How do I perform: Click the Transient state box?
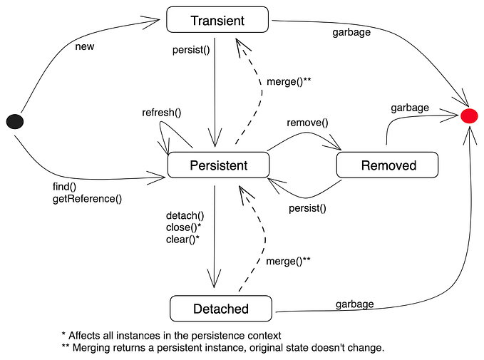click(217, 19)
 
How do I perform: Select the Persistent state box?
click(218, 165)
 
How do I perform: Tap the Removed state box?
click(388, 165)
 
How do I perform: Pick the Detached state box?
click(221, 309)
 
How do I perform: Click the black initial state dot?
click(14, 122)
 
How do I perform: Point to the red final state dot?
click(469, 115)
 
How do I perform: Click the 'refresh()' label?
click(162, 112)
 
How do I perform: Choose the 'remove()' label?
click(307, 122)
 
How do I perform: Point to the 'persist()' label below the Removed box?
click(307, 209)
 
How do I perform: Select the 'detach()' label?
click(185, 215)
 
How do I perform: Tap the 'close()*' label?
click(184, 227)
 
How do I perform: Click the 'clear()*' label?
click(182, 240)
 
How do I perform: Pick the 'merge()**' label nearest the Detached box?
click(289, 261)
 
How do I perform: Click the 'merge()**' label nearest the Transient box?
click(289, 82)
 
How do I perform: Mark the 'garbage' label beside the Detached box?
click(354, 304)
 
